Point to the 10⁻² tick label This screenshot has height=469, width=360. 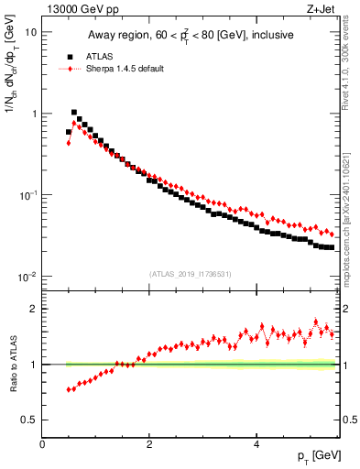pos(27,277)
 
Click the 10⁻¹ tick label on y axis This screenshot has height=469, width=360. pos(27,195)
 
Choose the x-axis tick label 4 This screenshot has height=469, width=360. pos(256,444)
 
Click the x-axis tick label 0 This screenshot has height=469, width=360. pos(42,444)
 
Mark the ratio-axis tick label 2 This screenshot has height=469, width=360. pos(35,309)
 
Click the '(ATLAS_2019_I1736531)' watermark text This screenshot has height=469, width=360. pos(191,273)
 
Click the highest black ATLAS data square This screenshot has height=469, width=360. pos(74,113)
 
